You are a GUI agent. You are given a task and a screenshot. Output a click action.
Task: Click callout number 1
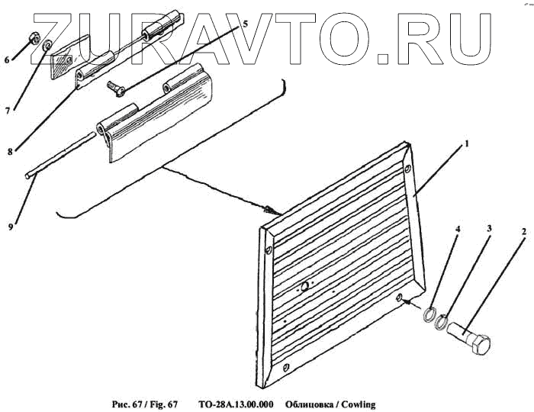[466, 143]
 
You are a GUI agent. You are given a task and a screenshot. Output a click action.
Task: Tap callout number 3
[490, 229]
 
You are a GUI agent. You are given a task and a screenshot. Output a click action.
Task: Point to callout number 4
[458, 228]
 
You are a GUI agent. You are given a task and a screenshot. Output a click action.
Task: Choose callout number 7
[7, 110]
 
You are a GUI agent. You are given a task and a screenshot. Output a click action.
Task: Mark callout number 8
[8, 152]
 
